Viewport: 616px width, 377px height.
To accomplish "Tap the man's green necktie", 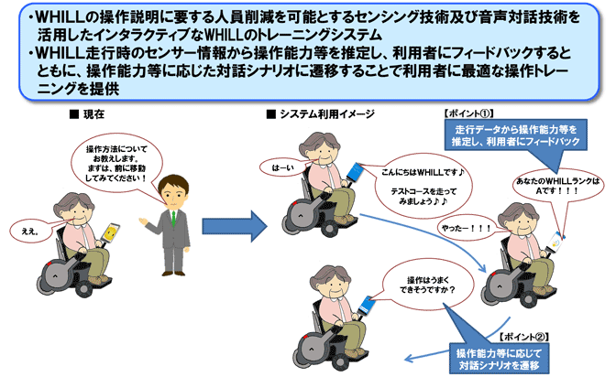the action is (173, 218).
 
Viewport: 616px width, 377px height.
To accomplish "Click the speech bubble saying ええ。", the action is (31, 231).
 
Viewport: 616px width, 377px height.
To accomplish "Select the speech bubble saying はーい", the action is (283, 167).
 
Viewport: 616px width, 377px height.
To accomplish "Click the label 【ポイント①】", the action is (468, 113).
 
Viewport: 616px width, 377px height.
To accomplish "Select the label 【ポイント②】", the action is (523, 337).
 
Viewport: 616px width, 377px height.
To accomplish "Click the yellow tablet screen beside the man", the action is (110, 232).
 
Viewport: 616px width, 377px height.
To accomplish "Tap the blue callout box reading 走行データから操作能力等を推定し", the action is (516, 135).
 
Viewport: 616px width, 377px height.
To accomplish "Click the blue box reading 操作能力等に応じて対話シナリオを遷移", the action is (499, 359).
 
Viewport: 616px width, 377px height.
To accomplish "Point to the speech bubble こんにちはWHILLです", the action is (423, 187).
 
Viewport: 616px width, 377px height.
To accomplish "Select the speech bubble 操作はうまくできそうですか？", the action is (427, 285).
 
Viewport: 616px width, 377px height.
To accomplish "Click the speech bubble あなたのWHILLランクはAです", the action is (558, 186).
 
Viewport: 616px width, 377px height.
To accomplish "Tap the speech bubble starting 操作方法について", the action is (116, 164).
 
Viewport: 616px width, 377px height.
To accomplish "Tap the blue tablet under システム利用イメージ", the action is (356, 172).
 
